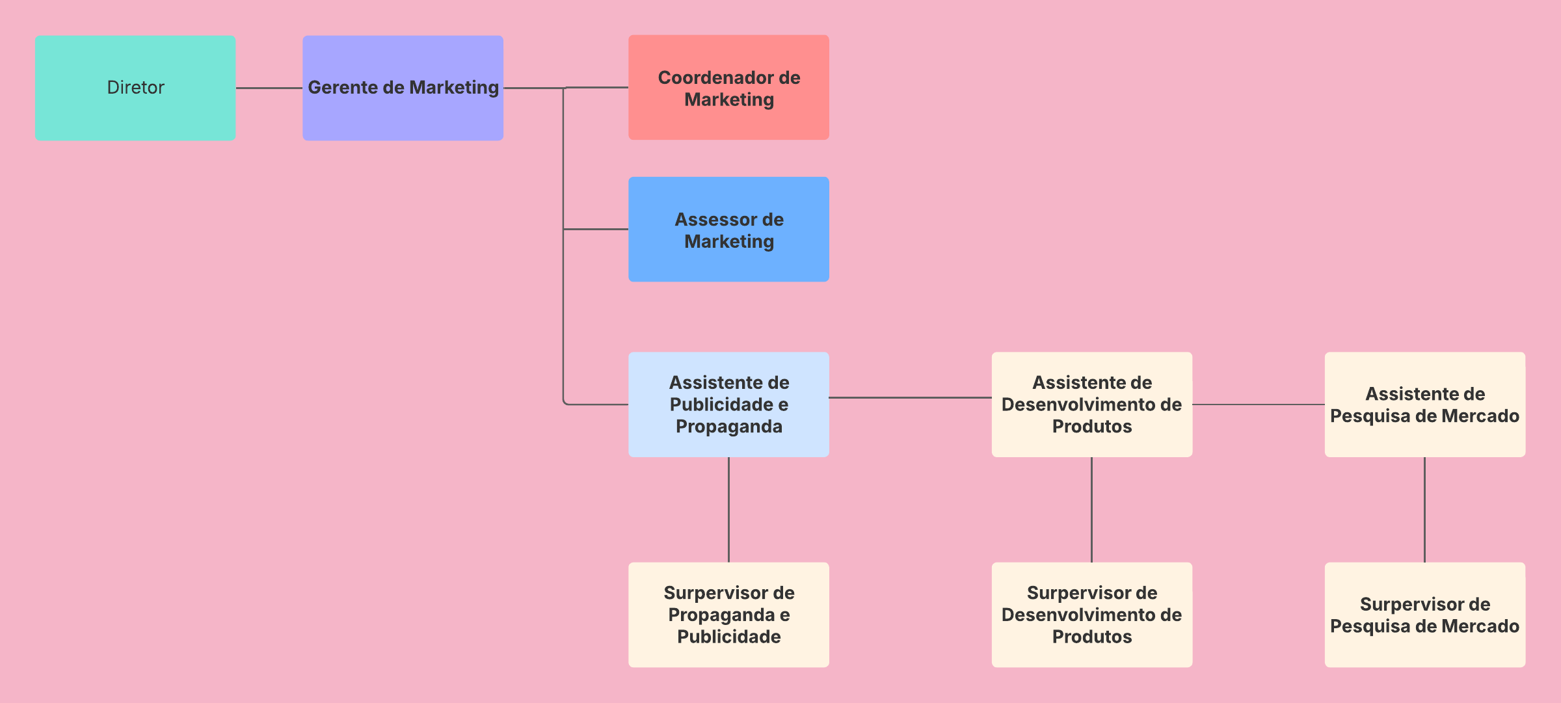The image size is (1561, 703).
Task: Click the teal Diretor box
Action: (135, 88)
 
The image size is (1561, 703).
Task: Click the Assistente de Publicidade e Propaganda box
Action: (728, 405)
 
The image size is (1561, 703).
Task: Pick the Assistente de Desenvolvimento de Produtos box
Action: (1091, 405)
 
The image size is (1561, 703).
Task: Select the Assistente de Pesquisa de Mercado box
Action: (1424, 405)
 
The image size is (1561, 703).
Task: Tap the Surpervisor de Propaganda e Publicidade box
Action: (728, 615)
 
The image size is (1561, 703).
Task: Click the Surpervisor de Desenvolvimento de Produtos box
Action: (1091, 615)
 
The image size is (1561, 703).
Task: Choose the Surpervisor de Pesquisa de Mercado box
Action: (1424, 615)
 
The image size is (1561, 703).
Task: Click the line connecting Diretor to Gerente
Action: (269, 88)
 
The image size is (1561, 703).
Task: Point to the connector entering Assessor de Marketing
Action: (596, 229)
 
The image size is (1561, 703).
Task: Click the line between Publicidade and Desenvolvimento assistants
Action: (910, 397)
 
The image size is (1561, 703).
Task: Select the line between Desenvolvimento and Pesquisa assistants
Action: (1258, 405)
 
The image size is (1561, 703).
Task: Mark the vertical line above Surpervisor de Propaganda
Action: (728, 509)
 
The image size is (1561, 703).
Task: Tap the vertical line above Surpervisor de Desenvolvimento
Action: (1091, 509)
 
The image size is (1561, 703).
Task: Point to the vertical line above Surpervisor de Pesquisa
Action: (1424, 509)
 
